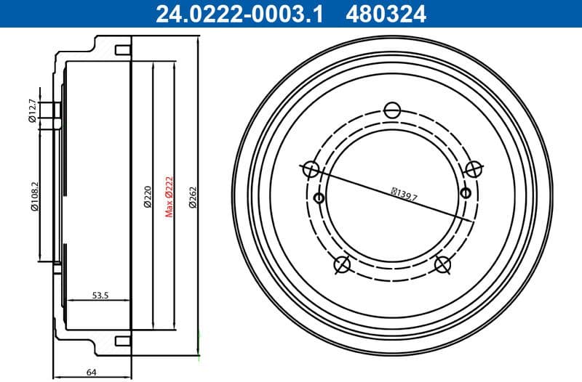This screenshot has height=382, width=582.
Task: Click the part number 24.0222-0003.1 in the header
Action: tap(236, 13)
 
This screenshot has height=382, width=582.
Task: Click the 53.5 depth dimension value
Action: tap(100, 296)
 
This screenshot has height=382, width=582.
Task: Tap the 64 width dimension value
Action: tap(92, 372)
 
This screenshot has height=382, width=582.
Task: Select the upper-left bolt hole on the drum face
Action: tap(311, 169)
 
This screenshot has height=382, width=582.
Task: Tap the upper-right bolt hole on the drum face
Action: tap(474, 169)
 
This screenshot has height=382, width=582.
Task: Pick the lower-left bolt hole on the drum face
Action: tap(342, 264)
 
